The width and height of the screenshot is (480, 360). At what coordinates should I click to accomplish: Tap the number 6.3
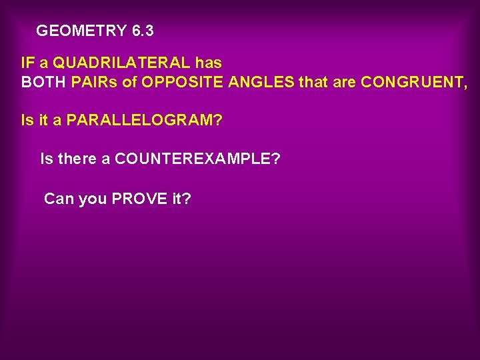(143, 31)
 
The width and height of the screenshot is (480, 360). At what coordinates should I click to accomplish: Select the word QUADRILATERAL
(122, 63)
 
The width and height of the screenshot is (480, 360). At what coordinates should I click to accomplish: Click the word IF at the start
(28, 63)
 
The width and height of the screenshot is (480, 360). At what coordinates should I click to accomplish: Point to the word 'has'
(209, 63)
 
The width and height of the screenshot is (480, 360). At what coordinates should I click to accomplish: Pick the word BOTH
(44, 83)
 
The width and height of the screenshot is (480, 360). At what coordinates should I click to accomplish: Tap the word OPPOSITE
(183, 83)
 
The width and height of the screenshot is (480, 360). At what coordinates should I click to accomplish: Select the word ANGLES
(261, 83)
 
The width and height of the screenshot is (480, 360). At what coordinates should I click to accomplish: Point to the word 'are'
(345, 83)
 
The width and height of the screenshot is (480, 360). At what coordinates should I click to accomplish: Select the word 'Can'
(59, 199)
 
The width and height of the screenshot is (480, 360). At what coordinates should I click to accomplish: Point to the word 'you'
(92, 199)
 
